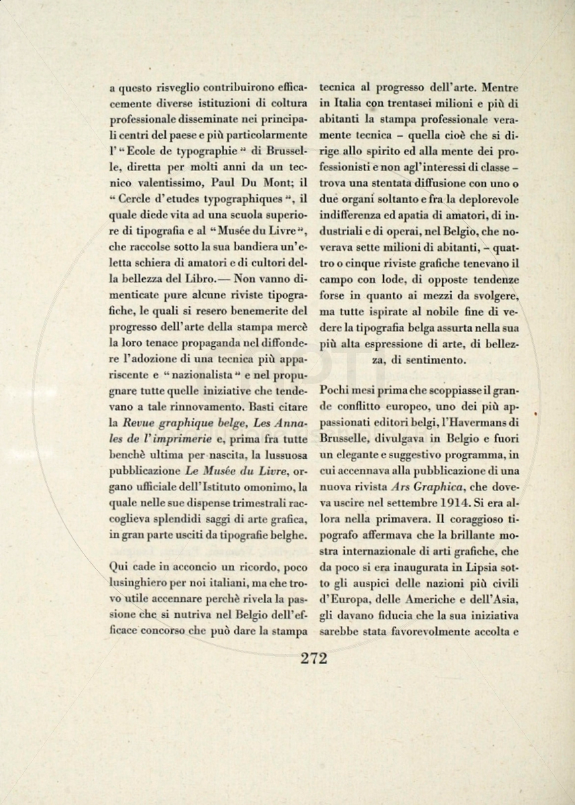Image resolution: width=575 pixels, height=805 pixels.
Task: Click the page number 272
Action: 314,658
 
